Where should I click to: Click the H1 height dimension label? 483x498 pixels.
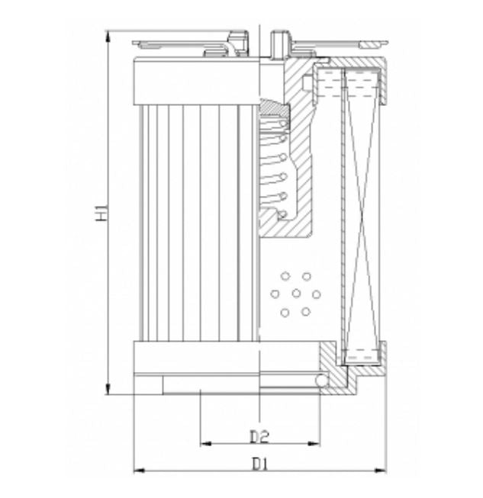[x=101, y=213]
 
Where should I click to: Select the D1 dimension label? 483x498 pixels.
[x=259, y=464]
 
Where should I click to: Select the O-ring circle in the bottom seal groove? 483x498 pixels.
[x=322, y=380]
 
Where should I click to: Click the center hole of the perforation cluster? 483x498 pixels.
[x=295, y=294]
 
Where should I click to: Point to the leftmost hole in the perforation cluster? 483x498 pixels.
[x=275, y=294]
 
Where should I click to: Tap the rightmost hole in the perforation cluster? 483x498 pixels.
[x=316, y=294]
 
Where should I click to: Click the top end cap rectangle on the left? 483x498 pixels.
[x=197, y=82]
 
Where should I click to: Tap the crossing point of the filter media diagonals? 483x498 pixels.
[x=362, y=214]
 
